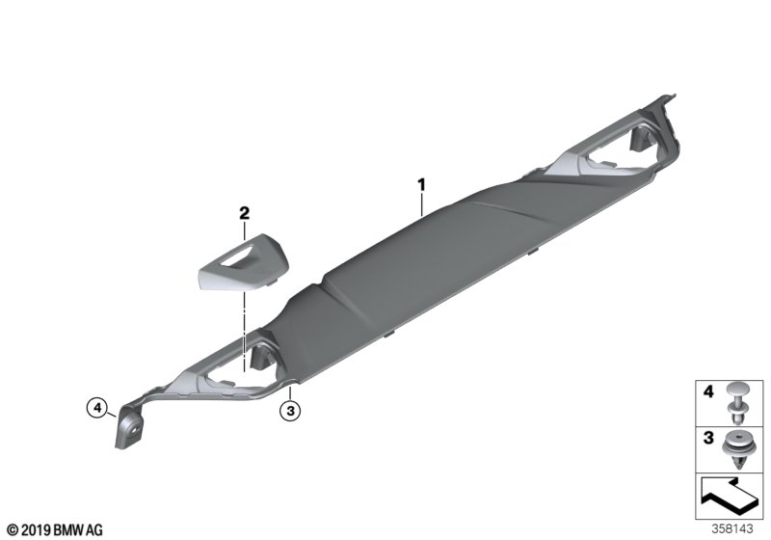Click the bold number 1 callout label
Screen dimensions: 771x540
point(421,185)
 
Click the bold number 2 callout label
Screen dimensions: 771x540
point(244,213)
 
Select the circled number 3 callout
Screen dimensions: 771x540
point(290,410)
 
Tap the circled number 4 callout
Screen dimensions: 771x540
point(97,407)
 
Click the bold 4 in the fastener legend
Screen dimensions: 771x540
point(708,391)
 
